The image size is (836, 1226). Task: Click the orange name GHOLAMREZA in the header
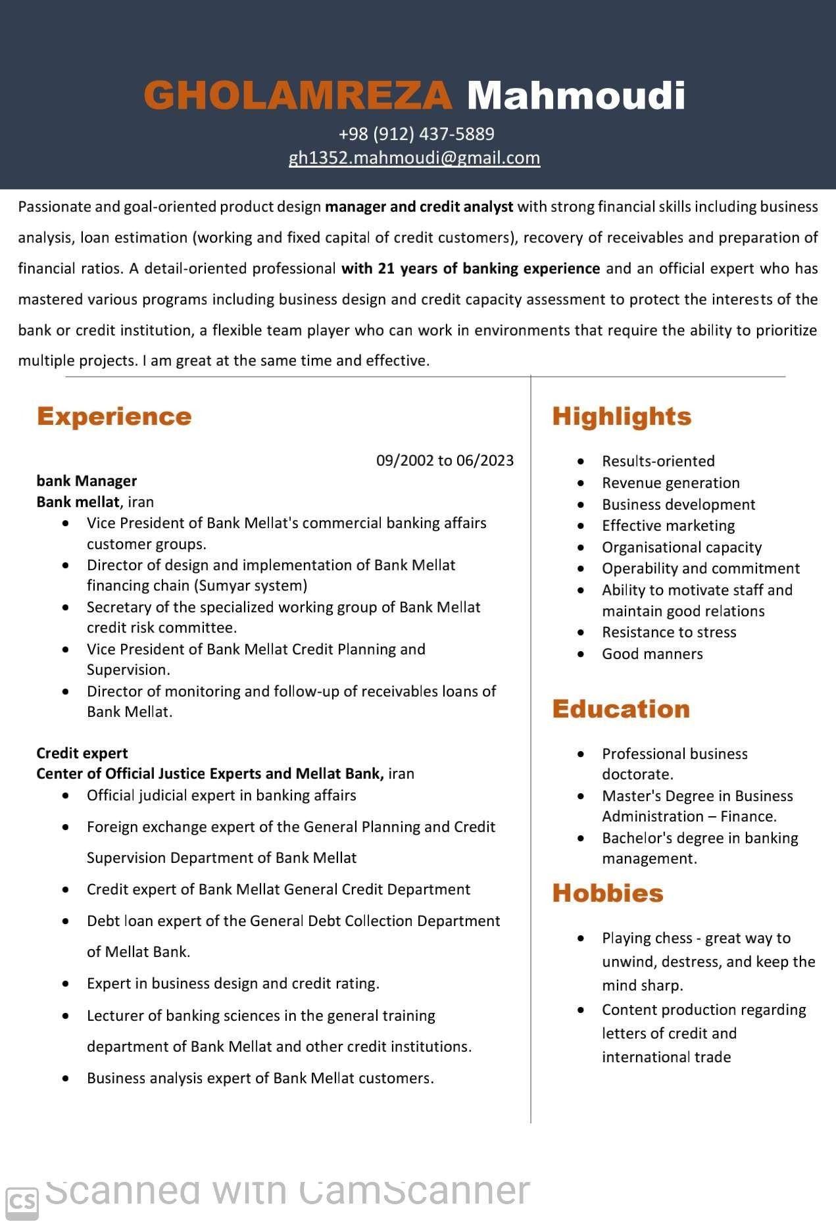point(297,95)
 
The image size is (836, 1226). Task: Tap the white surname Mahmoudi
point(576,95)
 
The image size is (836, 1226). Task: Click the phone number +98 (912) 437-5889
point(416,134)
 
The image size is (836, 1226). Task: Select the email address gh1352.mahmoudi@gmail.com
point(414,158)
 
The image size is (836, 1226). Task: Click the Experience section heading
point(114,416)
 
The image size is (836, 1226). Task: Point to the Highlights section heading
point(622,416)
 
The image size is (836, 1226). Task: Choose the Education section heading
point(621,709)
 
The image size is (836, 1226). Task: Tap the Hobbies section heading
point(608,893)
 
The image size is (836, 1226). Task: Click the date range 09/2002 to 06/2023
point(445,460)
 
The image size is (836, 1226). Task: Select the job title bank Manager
point(87,481)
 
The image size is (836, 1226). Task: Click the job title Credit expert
point(82,753)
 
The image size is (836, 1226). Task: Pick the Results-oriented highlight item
point(658,461)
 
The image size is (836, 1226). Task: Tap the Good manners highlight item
point(652,654)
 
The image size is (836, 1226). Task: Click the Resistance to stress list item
point(669,632)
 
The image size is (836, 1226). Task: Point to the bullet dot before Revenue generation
point(580,483)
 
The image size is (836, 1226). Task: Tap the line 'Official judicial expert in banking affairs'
point(221,795)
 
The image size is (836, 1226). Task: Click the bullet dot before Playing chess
point(580,939)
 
